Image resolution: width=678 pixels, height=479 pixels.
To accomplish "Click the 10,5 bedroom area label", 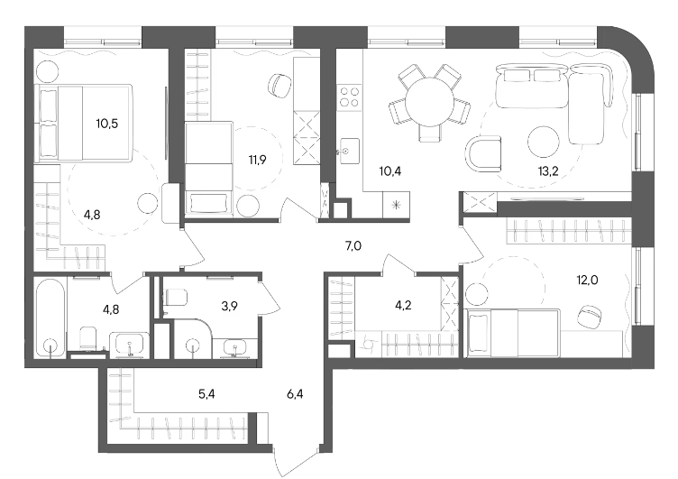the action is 106,124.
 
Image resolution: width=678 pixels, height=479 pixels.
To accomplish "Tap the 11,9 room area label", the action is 257,160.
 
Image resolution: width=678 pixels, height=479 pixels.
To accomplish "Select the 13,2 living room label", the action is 548,170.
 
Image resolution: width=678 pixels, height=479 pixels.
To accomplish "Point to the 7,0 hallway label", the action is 353,246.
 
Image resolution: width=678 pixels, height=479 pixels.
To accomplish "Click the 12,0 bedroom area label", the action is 587,280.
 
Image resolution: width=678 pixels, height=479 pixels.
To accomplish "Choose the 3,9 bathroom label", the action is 229,306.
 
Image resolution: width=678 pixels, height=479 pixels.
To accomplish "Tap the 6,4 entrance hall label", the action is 295,394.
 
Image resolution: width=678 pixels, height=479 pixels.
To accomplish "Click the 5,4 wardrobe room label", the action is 206,394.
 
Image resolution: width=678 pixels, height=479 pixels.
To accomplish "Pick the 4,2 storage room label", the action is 403,305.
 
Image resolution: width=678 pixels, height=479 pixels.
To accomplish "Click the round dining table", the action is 429,102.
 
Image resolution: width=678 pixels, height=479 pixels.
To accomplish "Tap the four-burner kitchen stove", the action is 349,97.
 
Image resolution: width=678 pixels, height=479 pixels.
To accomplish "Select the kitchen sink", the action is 349,151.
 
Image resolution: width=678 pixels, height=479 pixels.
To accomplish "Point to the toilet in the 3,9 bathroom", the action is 176,298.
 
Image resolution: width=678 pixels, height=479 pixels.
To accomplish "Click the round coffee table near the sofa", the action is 544,142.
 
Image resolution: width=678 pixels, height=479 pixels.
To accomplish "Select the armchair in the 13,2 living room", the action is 483,154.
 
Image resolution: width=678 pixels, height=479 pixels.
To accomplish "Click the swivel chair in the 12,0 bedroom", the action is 590,317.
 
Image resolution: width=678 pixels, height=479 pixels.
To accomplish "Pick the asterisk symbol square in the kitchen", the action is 396,205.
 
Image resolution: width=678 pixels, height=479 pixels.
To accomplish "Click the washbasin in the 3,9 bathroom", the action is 234,348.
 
